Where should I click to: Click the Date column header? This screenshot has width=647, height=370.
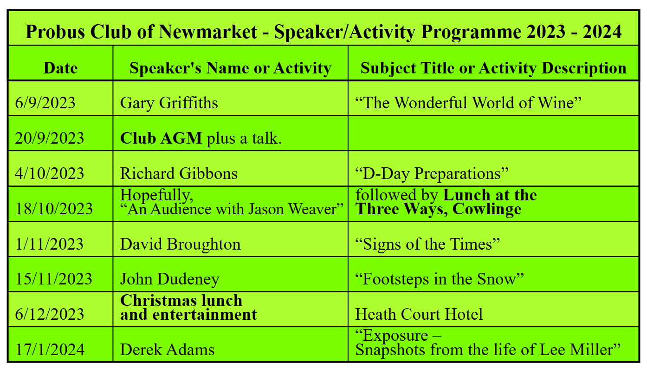pos(60,68)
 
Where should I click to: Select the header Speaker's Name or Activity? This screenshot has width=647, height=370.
pos(230,68)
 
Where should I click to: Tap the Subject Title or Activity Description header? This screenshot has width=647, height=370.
pos(493,68)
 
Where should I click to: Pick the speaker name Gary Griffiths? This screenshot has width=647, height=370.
pos(169,103)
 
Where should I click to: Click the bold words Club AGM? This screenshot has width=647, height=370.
pos(161,138)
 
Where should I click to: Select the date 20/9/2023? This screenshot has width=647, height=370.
pos(50,138)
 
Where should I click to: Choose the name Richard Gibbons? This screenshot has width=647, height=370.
pos(179,173)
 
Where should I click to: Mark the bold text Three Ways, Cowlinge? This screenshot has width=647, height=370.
pos(438,209)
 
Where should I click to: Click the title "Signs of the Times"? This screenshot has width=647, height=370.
pos(427,244)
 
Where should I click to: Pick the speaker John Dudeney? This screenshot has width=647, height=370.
pos(170,279)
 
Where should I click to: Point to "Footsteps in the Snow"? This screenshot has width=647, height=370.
pos(440,279)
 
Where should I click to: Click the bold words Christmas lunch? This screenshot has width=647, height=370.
pos(181,300)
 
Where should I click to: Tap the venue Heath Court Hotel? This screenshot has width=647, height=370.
pos(419,314)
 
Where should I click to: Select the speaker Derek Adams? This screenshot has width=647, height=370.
pos(167,350)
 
